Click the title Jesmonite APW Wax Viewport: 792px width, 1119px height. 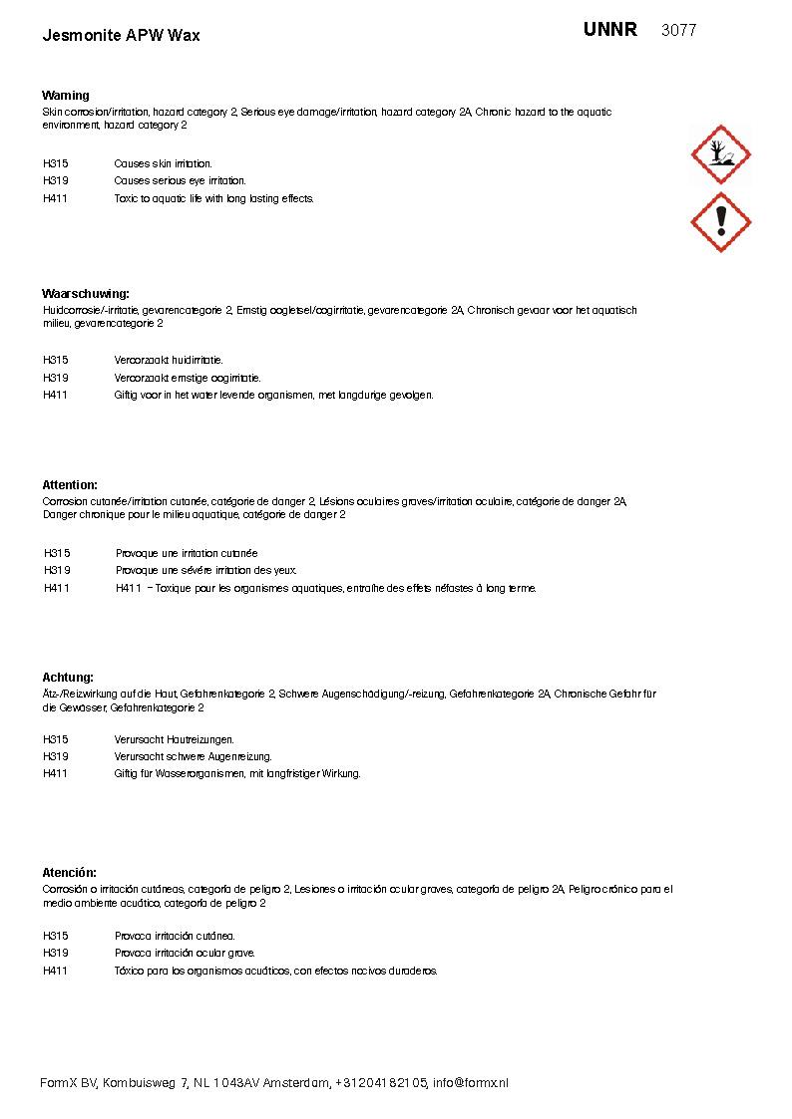121,36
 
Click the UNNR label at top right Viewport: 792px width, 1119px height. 609,30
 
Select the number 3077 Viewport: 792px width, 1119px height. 678,31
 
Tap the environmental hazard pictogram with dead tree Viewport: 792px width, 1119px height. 720,154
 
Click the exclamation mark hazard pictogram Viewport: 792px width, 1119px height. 720,222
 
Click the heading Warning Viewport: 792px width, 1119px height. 66,96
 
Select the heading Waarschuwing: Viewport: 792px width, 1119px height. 86,294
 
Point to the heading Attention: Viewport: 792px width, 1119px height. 70,485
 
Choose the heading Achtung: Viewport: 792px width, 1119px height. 68,678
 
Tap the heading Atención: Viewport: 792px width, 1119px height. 69,873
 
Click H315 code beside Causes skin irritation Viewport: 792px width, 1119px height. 56,163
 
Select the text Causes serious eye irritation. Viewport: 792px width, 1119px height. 180,181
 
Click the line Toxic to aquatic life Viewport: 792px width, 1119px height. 213,198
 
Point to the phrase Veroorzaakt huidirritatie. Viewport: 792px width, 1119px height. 169,360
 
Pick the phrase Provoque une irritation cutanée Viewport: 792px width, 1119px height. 187,553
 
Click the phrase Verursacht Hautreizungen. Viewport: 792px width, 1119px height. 174,739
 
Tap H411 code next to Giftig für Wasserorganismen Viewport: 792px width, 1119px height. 56,773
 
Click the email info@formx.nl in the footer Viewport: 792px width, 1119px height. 470,1083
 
